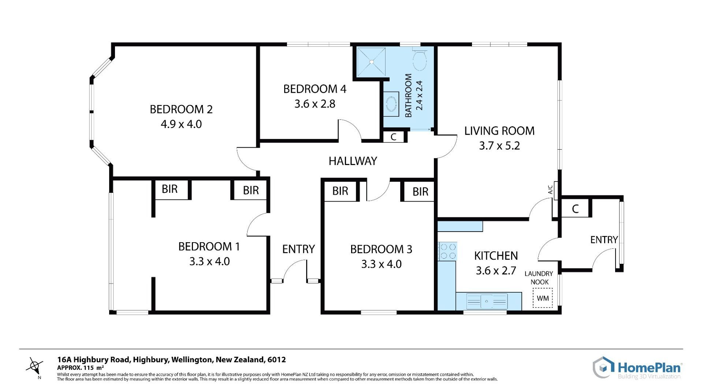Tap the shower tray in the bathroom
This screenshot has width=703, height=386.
click(371, 62)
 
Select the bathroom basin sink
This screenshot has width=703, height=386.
click(391, 105)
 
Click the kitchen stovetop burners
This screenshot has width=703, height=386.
click(447, 251)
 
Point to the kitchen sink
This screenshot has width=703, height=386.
click(487, 301)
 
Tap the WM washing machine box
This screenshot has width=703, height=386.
click(543, 298)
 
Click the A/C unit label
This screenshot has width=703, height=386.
click(550, 190)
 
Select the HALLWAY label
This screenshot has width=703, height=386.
click(353, 161)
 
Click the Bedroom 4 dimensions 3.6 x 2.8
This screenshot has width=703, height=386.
click(315, 104)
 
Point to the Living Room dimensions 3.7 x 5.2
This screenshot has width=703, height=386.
click(499, 146)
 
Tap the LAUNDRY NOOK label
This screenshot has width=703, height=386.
click(539, 278)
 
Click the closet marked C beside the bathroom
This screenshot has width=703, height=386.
click(394, 137)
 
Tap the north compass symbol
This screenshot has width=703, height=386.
click(35, 366)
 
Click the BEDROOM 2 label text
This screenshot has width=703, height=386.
click(181, 109)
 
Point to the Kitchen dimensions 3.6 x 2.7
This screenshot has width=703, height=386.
click(496, 271)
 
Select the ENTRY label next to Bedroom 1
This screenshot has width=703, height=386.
click(298, 249)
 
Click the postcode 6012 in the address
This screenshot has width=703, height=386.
click(276, 360)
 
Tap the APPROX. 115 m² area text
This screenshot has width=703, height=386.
click(81, 368)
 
